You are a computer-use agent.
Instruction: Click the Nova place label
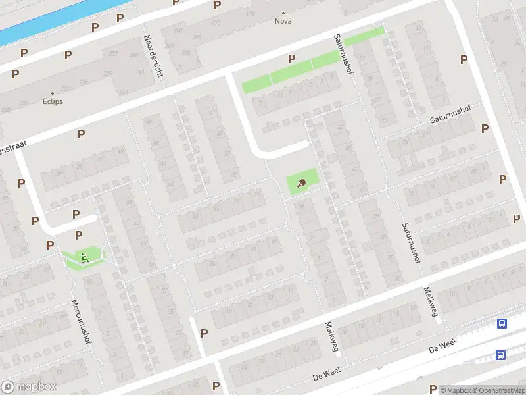click(x=283, y=20)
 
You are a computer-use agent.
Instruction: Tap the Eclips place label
click(x=53, y=102)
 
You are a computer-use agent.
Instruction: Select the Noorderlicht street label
click(x=153, y=56)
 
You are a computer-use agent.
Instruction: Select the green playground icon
click(x=84, y=257)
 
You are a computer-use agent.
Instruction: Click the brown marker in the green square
click(x=302, y=183)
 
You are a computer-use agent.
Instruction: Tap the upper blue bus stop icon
click(x=502, y=323)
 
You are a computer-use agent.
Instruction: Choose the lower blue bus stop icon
click(x=500, y=355)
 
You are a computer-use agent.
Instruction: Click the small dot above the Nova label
click(x=283, y=13)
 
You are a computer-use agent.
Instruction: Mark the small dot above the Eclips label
click(x=53, y=93)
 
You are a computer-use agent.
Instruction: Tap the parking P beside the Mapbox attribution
click(x=432, y=388)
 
